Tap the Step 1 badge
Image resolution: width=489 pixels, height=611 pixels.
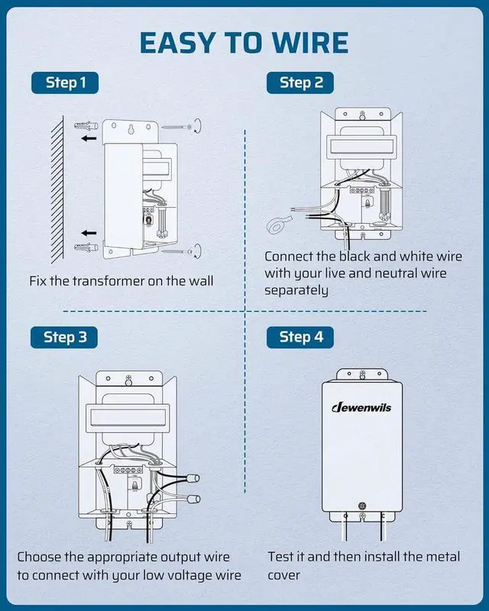coord(66,82)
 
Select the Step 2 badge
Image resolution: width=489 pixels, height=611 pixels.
coord(301,82)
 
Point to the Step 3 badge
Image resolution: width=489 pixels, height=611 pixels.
coord(66,337)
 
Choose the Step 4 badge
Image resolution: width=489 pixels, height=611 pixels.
coord(301,337)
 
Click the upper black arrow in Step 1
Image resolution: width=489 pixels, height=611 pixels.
coord(89,139)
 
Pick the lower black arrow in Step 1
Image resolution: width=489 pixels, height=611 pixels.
coord(89,231)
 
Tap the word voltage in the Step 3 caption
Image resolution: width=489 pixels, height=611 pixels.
coord(188,575)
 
